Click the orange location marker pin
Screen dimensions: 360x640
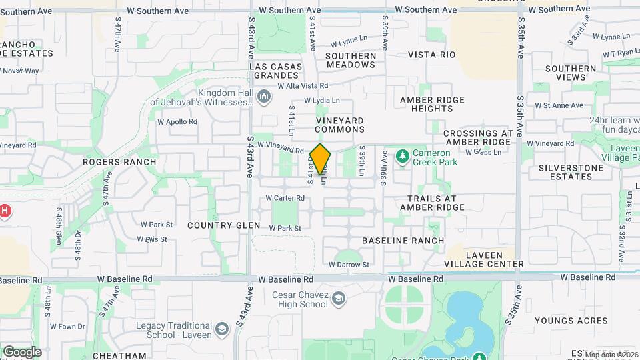click(x=321, y=159)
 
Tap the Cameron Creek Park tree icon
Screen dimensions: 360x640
click(x=402, y=157)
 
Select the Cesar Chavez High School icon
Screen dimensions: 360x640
click(x=339, y=298)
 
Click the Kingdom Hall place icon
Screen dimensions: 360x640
click(x=265, y=98)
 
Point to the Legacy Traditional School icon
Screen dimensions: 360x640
click(x=221, y=329)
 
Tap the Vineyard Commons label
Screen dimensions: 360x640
click(x=339, y=125)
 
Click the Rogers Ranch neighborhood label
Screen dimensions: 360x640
click(x=110, y=161)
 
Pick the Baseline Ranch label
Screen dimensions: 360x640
click(x=403, y=240)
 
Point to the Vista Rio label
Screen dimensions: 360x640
click(x=431, y=55)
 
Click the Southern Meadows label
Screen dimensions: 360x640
click(x=351, y=60)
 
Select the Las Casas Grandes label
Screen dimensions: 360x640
click(x=279, y=71)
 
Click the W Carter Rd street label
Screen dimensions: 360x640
click(x=285, y=198)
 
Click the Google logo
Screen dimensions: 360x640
click(x=22, y=351)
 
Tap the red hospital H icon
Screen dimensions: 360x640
click(x=4, y=212)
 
